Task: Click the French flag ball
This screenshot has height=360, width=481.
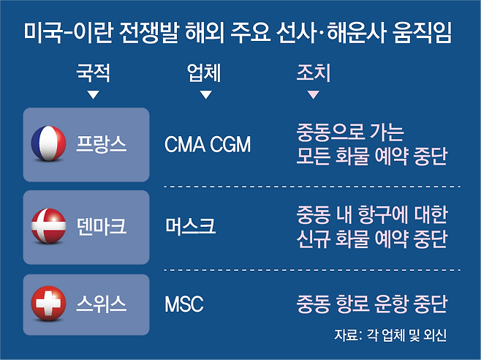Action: pos(48,143)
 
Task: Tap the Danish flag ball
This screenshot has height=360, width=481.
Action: pos(48,226)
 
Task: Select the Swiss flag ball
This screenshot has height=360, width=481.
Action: pos(48,304)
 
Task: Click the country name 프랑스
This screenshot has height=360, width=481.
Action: pos(101,143)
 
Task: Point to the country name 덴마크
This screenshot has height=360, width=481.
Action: pos(101,226)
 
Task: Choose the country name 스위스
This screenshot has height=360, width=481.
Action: pos(101,304)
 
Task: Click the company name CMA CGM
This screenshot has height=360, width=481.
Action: pos(208,144)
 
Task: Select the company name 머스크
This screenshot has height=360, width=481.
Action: pos(190,226)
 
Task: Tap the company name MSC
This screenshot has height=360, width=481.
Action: pos(184,304)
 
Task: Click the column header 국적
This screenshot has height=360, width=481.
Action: pos(93,73)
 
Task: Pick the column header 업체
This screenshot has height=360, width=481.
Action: pos(204,73)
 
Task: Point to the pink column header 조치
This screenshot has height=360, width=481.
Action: pos(313,73)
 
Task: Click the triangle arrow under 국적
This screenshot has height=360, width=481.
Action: pos(94,94)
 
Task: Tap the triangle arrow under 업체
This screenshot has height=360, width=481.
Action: pos(206,94)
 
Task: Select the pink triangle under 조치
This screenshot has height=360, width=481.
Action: pos(313,94)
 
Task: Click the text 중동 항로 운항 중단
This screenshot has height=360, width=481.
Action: pos(372,304)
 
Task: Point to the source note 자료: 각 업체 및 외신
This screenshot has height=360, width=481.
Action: pos(390,335)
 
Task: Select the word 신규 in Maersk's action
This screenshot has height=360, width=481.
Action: pos(313,239)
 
